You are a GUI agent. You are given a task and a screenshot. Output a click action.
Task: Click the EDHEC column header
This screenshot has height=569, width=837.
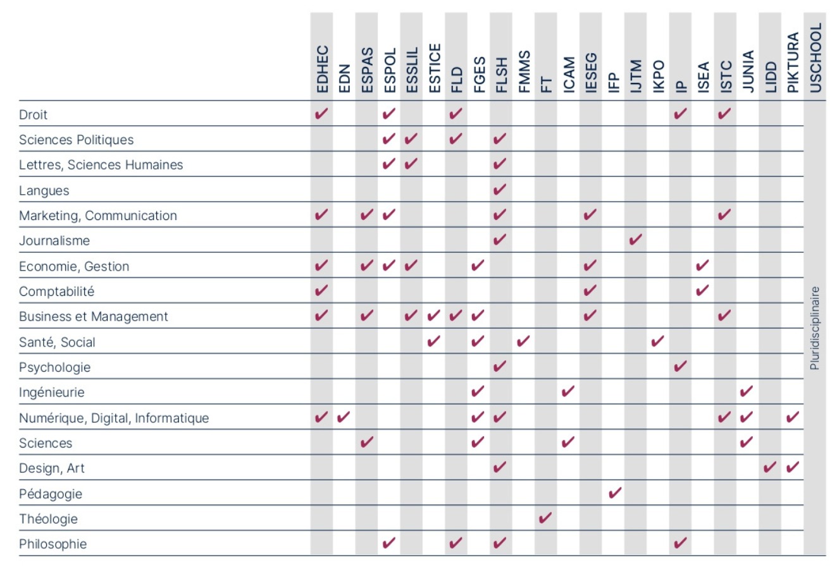coord(322,69)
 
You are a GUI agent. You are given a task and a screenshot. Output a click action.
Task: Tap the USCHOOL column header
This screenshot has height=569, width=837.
coord(815,58)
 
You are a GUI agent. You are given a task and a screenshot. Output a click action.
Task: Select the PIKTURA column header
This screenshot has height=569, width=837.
coord(793,63)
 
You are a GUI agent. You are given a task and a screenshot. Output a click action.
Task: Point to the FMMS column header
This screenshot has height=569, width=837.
coord(524,71)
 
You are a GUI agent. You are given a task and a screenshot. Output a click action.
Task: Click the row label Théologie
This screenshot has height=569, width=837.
coord(48,519)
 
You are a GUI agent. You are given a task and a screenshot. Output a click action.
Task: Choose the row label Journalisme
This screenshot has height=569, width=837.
coord(54,241)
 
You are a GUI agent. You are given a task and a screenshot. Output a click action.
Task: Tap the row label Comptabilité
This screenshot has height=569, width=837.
coord(56,291)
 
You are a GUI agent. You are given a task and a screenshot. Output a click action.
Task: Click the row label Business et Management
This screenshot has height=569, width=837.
coord(94,317)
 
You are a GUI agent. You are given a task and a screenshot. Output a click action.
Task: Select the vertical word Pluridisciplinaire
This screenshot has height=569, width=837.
coord(815,328)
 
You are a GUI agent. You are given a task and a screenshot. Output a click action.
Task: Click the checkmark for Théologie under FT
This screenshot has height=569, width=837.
coord(545,518)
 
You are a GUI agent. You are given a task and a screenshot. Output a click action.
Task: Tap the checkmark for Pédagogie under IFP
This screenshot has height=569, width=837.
coord(615,493)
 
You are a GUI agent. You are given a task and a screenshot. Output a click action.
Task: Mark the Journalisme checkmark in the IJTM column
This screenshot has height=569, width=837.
coord(636,240)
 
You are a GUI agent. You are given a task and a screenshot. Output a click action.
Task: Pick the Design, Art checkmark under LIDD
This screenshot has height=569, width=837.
coord(770,467)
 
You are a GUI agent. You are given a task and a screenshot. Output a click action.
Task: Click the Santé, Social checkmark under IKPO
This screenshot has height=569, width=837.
coord(658,341)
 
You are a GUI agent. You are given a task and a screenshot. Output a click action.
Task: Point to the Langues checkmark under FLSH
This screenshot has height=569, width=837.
coord(500,189)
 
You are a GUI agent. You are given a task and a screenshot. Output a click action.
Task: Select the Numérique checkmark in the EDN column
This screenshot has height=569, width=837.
coord(344,417)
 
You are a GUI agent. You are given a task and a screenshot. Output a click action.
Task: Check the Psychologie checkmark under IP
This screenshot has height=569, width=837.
coord(681,366)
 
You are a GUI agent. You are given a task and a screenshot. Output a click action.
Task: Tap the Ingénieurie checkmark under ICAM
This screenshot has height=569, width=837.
coord(568,391)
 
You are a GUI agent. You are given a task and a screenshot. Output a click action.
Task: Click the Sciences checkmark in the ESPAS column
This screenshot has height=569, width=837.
coord(367,442)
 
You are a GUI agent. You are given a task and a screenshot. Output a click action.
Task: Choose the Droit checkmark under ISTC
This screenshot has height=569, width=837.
coord(724,114)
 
